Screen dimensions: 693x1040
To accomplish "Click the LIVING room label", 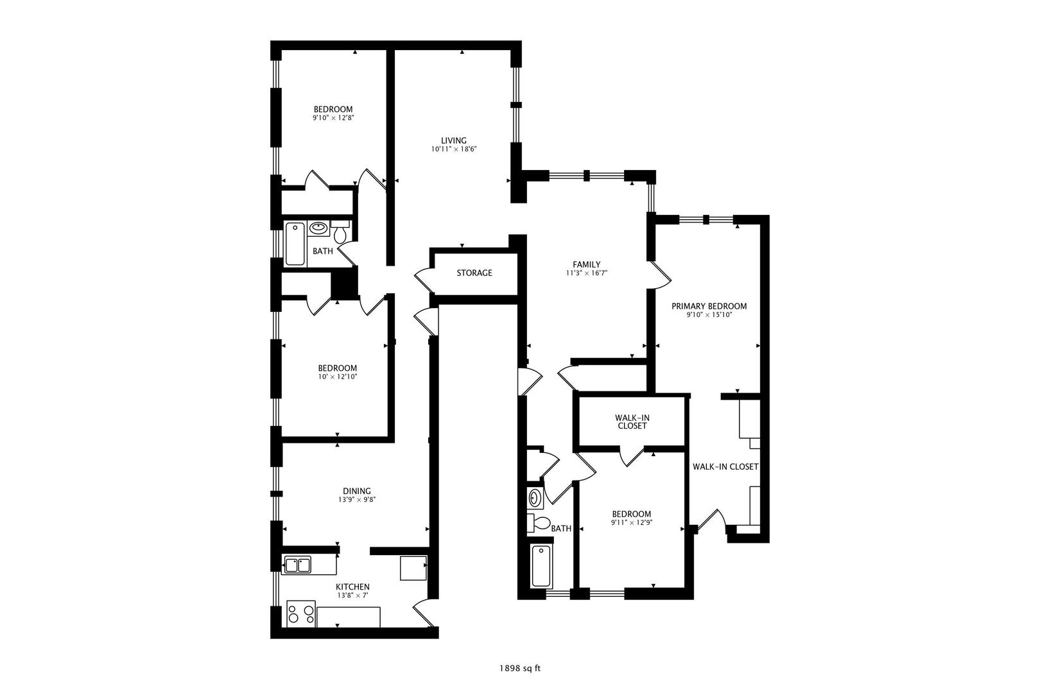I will (x=453, y=141).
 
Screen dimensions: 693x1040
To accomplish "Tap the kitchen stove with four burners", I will (x=301, y=614).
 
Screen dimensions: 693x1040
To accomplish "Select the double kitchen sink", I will (x=297, y=565).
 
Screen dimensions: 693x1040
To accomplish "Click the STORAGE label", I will (x=474, y=273).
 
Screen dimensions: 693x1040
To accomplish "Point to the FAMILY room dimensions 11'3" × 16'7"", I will (x=586, y=273).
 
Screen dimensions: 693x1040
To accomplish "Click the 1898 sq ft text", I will (x=520, y=668).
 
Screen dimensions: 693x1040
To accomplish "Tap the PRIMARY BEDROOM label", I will (x=709, y=306).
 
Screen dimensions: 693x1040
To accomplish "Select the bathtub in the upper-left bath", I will (x=295, y=243).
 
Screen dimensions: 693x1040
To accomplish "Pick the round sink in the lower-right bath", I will (x=535, y=497).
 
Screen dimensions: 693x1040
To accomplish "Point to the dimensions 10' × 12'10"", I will (x=337, y=377).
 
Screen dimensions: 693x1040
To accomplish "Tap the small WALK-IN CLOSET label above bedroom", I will (x=632, y=422).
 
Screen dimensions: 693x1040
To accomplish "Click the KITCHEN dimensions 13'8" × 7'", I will (x=352, y=595).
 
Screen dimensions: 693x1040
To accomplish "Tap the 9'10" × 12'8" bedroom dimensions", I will (x=333, y=117).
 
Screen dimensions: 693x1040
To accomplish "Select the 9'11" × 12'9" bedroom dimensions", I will (x=631, y=522).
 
